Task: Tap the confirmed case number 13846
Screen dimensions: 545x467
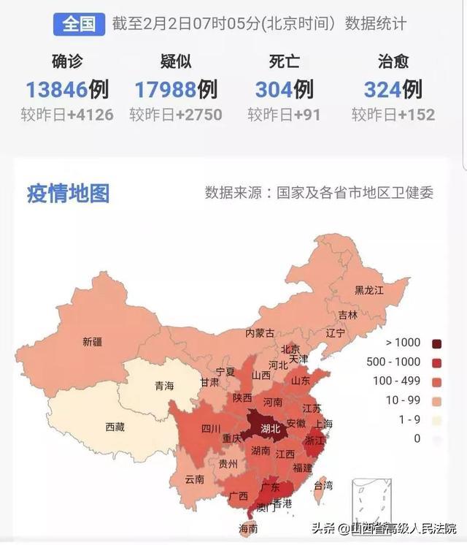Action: coord(57,89)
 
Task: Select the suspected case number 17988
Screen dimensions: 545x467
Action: coord(165,89)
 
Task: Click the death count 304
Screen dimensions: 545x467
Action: coord(274,89)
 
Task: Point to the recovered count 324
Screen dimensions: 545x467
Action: coord(382,89)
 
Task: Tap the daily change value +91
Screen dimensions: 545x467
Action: coord(305,115)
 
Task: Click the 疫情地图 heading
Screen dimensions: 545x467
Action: coord(68,194)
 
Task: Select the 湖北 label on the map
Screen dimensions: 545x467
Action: coord(270,428)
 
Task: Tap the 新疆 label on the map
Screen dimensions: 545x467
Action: coord(93,341)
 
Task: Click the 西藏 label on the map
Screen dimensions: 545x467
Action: coord(115,427)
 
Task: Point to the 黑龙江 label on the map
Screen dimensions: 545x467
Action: coord(368,290)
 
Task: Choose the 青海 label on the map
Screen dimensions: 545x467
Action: coord(163,386)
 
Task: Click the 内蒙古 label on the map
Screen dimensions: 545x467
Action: coord(259,333)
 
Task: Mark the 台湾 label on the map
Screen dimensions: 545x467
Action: coord(323,485)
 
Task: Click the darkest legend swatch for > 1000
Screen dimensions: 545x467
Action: coord(437,343)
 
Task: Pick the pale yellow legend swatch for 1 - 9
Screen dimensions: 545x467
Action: coord(437,419)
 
